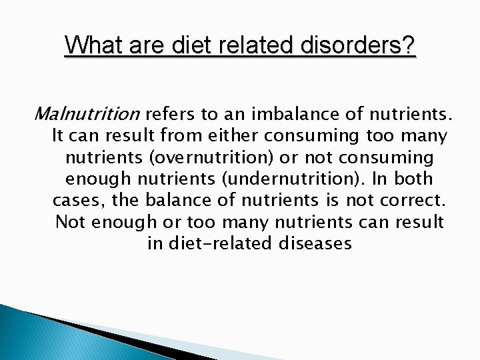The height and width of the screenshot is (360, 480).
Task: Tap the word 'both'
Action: (x=414, y=179)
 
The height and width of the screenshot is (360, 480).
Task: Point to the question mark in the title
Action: (x=409, y=46)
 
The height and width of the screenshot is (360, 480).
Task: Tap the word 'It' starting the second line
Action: (x=58, y=136)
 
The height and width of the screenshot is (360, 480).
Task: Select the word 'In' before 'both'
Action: (x=379, y=179)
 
